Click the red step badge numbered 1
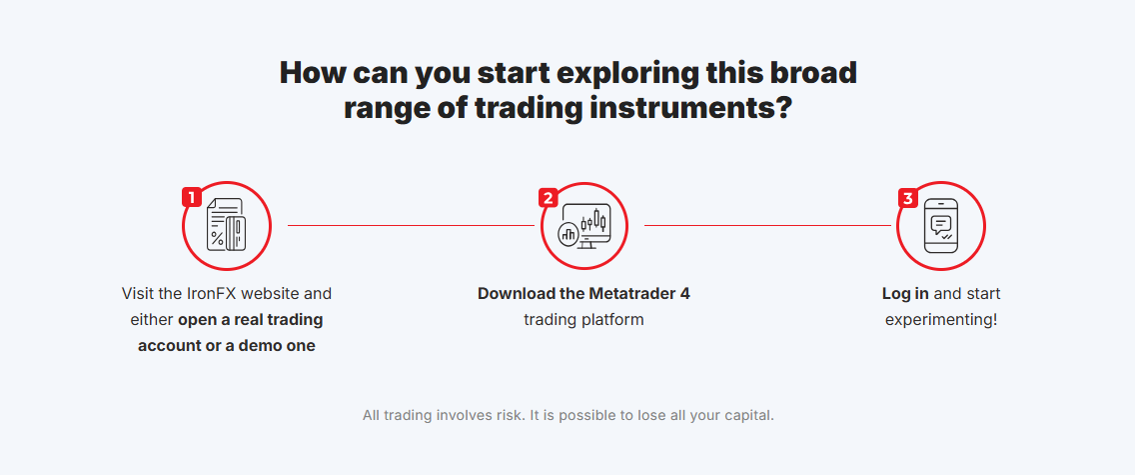point(192,197)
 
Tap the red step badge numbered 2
point(548,198)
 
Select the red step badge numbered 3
point(908,198)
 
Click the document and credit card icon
point(226,225)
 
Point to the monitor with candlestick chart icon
point(584,226)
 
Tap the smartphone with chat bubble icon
point(941,226)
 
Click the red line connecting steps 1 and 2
point(412,225)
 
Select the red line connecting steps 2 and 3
point(767,225)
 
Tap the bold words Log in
point(905,295)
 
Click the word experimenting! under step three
point(941,320)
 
